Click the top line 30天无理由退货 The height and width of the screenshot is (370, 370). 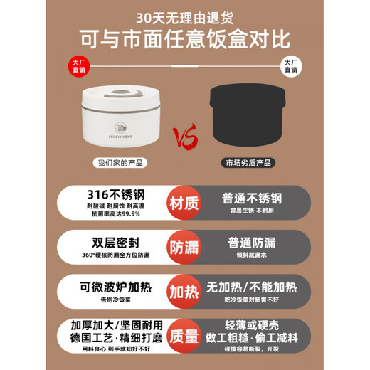pos(184,15)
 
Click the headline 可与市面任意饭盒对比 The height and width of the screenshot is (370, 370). pos(184,39)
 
